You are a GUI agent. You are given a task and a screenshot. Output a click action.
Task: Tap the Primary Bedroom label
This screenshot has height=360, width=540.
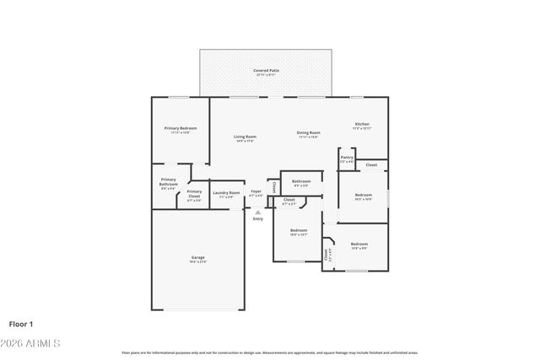(x=180, y=130)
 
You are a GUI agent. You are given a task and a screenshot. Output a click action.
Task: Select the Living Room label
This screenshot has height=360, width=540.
(x=245, y=138)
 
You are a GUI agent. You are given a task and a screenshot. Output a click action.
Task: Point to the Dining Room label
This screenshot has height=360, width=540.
(x=308, y=134)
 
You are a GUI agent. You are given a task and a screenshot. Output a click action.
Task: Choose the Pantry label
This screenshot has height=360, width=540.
(x=347, y=159)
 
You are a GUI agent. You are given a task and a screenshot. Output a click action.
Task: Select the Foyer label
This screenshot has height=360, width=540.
(x=256, y=193)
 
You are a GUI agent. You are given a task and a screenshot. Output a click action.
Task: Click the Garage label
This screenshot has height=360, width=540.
(x=197, y=259)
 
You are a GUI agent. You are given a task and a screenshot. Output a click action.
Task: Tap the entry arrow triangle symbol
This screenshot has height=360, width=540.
(x=257, y=212)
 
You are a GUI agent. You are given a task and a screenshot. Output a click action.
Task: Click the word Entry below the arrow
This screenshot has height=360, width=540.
(x=257, y=219)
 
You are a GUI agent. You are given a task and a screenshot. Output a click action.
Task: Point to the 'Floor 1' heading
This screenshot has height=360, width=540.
(x=21, y=323)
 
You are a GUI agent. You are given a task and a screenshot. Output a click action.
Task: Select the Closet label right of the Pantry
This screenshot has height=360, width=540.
(x=371, y=164)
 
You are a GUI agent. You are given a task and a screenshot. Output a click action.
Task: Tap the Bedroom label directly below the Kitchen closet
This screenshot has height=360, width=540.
(x=363, y=197)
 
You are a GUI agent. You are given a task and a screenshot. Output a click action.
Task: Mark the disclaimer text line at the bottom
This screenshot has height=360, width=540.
(x=269, y=352)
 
